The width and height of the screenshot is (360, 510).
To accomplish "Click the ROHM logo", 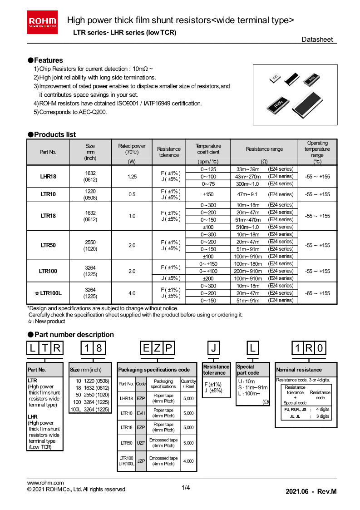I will [43, 22].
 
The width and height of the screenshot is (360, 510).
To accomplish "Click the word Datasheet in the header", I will [317, 40].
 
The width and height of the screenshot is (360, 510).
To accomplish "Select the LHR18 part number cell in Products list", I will [48, 176].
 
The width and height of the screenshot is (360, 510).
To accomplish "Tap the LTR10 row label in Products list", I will [48, 194].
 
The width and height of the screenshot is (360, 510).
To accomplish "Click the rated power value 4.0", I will [132, 293].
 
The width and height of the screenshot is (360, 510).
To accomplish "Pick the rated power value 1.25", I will [132, 176].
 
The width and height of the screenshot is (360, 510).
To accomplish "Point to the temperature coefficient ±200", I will [208, 278].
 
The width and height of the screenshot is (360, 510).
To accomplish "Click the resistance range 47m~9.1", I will [247, 194].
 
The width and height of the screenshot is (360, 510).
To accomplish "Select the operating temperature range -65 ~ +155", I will [317, 293].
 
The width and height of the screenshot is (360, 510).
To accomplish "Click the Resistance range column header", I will [264, 149].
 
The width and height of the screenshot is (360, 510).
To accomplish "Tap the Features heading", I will [45, 60].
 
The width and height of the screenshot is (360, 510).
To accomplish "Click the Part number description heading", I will [70, 335].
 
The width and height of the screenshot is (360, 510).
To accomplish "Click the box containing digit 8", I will [100, 349].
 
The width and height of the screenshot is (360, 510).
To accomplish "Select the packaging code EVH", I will [141, 413].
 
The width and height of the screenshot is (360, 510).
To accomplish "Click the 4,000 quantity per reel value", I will [188, 461].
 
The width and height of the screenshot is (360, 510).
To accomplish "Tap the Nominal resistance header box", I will [306, 370].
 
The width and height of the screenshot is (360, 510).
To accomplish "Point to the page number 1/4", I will [186, 488].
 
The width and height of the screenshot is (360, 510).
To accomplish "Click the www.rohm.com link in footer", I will [45, 483].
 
